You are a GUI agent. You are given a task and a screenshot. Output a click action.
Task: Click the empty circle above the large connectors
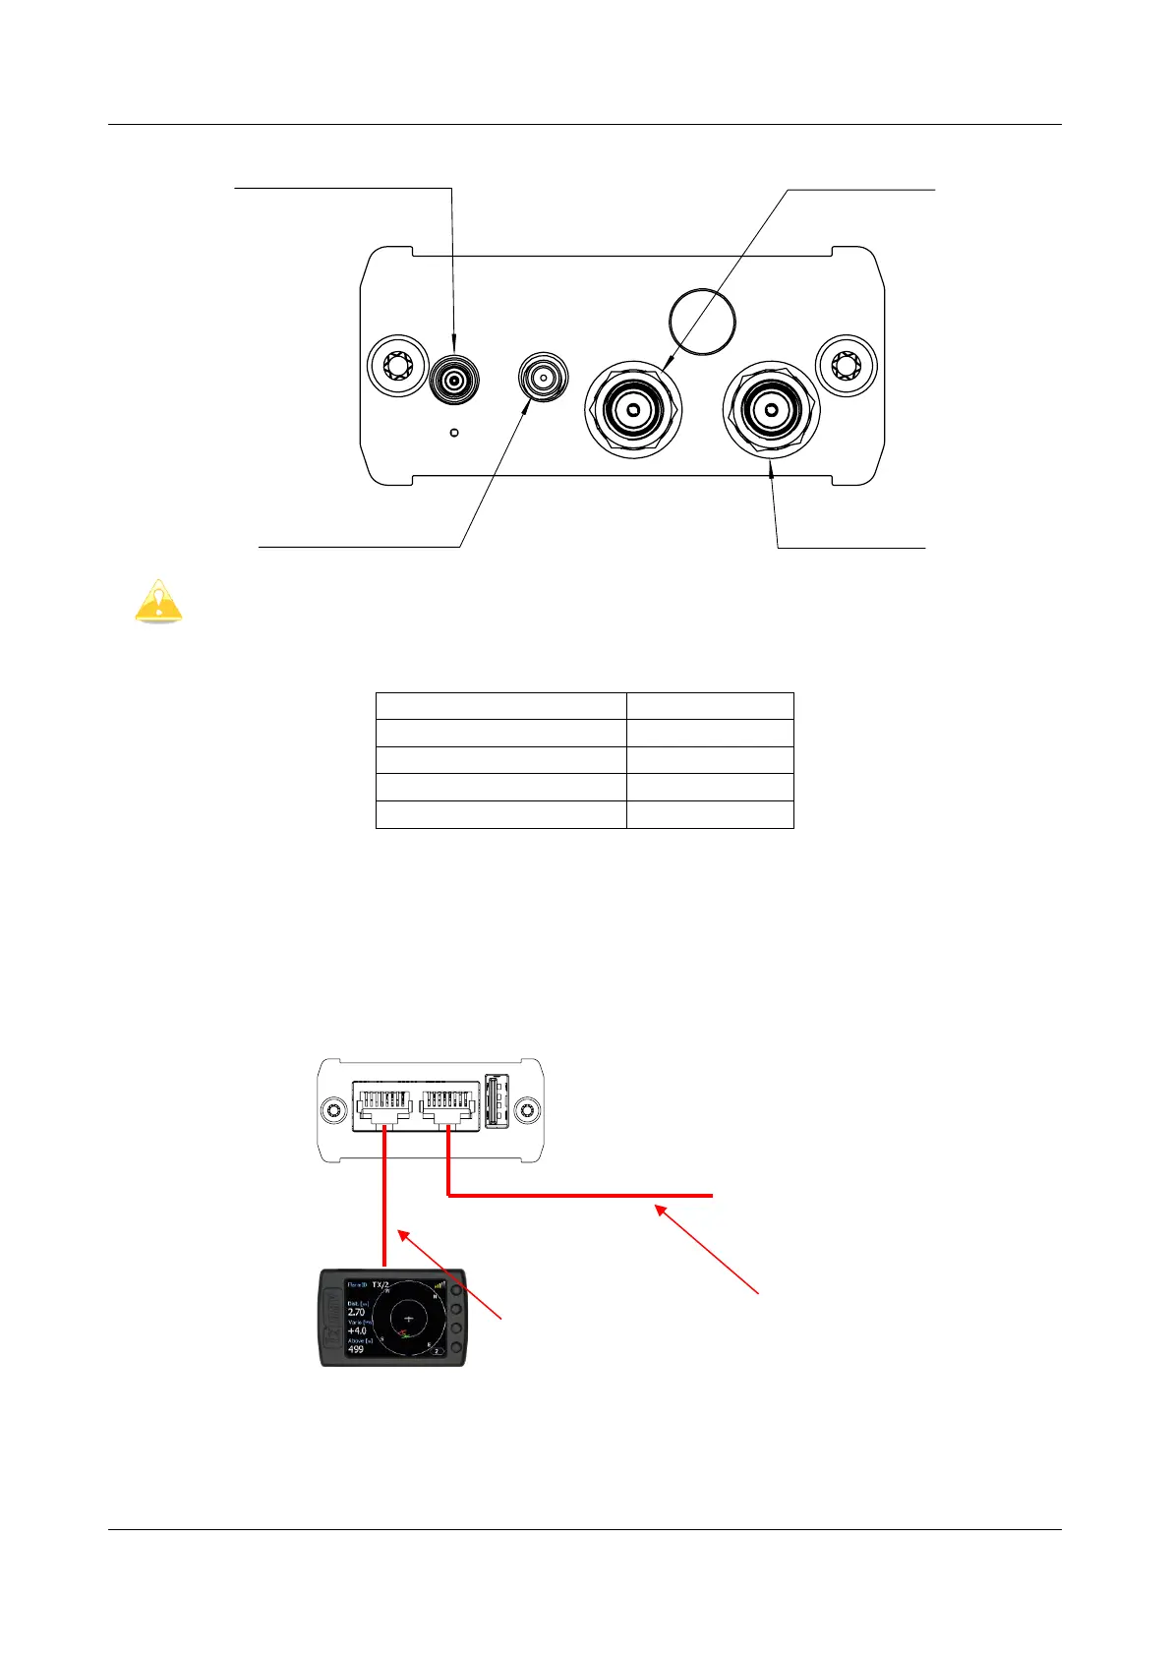point(702,320)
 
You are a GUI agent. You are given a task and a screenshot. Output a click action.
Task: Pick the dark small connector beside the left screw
point(454,379)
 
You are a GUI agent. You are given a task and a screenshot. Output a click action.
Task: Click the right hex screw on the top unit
point(846,367)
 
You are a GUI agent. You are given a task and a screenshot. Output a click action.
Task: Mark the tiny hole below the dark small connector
point(454,433)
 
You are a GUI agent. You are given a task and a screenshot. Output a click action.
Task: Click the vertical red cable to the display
point(383,1210)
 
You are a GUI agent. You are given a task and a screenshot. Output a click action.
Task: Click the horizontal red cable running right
point(580,1196)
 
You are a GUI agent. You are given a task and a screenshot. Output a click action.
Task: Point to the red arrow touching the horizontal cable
point(708,1249)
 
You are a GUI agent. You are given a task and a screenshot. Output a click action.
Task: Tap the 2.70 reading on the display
point(357,1313)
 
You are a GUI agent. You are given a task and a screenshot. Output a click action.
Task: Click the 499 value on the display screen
point(356,1350)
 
